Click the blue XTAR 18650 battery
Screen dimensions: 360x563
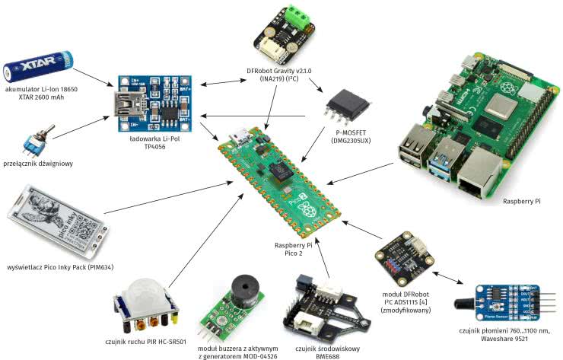coord(42,64)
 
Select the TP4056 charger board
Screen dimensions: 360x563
coord(153,103)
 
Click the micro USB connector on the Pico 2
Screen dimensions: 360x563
coord(240,139)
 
